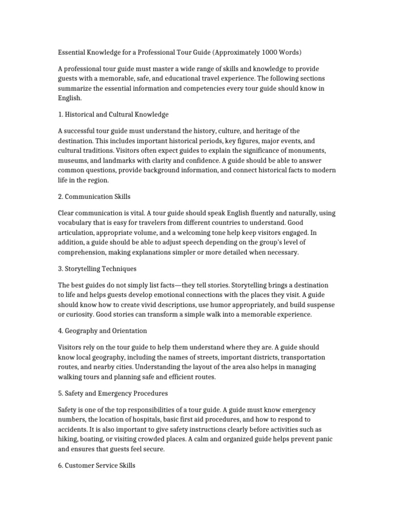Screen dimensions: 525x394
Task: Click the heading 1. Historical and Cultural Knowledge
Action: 113,113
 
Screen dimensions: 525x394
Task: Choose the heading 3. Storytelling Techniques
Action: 97,268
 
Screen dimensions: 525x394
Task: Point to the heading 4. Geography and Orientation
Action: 103,330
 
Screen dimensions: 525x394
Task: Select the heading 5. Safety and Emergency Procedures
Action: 113,393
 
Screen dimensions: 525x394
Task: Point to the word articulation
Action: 77,232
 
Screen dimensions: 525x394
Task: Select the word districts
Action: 268,357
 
